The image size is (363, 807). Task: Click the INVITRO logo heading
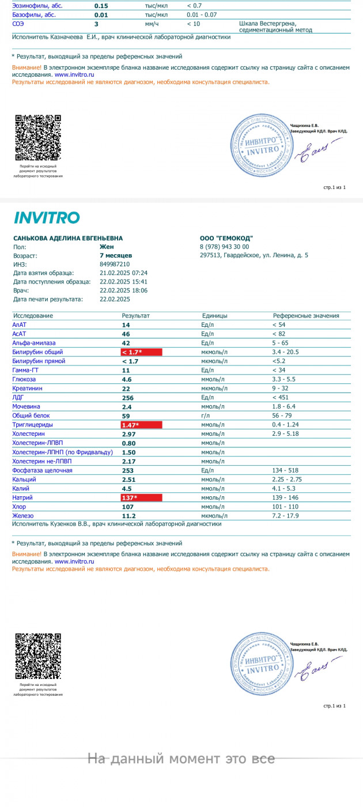point(46,218)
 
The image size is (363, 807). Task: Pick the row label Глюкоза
point(24,380)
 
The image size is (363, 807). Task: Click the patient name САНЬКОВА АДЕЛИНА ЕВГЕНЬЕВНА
point(67,239)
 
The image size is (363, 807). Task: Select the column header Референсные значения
point(305,316)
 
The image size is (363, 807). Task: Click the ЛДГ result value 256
point(127,398)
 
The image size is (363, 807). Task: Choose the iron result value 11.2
point(128,516)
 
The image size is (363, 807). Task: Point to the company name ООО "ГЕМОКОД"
point(226,239)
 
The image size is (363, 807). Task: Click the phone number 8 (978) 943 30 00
point(224,247)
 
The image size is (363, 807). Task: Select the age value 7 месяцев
point(116,255)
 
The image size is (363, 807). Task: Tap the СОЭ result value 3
point(96,25)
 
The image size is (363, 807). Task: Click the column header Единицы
point(214,316)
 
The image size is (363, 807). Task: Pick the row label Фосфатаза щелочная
point(42,470)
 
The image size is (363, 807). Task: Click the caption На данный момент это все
point(181,759)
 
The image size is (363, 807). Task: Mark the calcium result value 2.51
point(128,480)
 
